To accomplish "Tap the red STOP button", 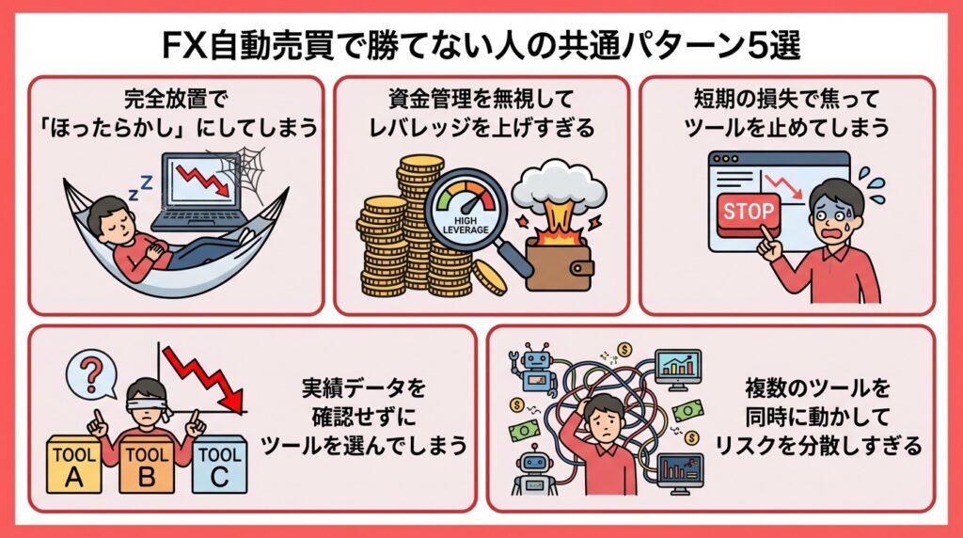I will point(750,212).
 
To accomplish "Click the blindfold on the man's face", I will point(145,399).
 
